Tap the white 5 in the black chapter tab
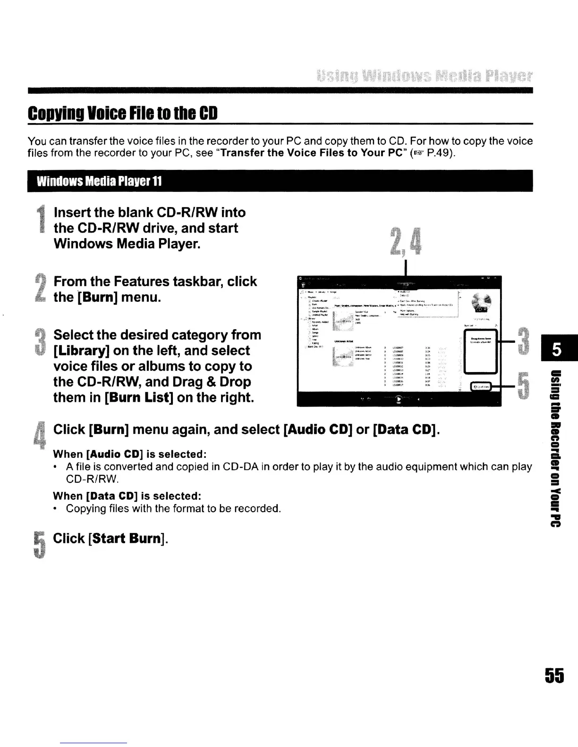coord(557,350)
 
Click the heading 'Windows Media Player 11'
coord(99,182)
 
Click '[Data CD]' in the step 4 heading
coord(407,430)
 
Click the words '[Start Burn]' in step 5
coord(127,539)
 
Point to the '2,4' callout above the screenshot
coord(407,241)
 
